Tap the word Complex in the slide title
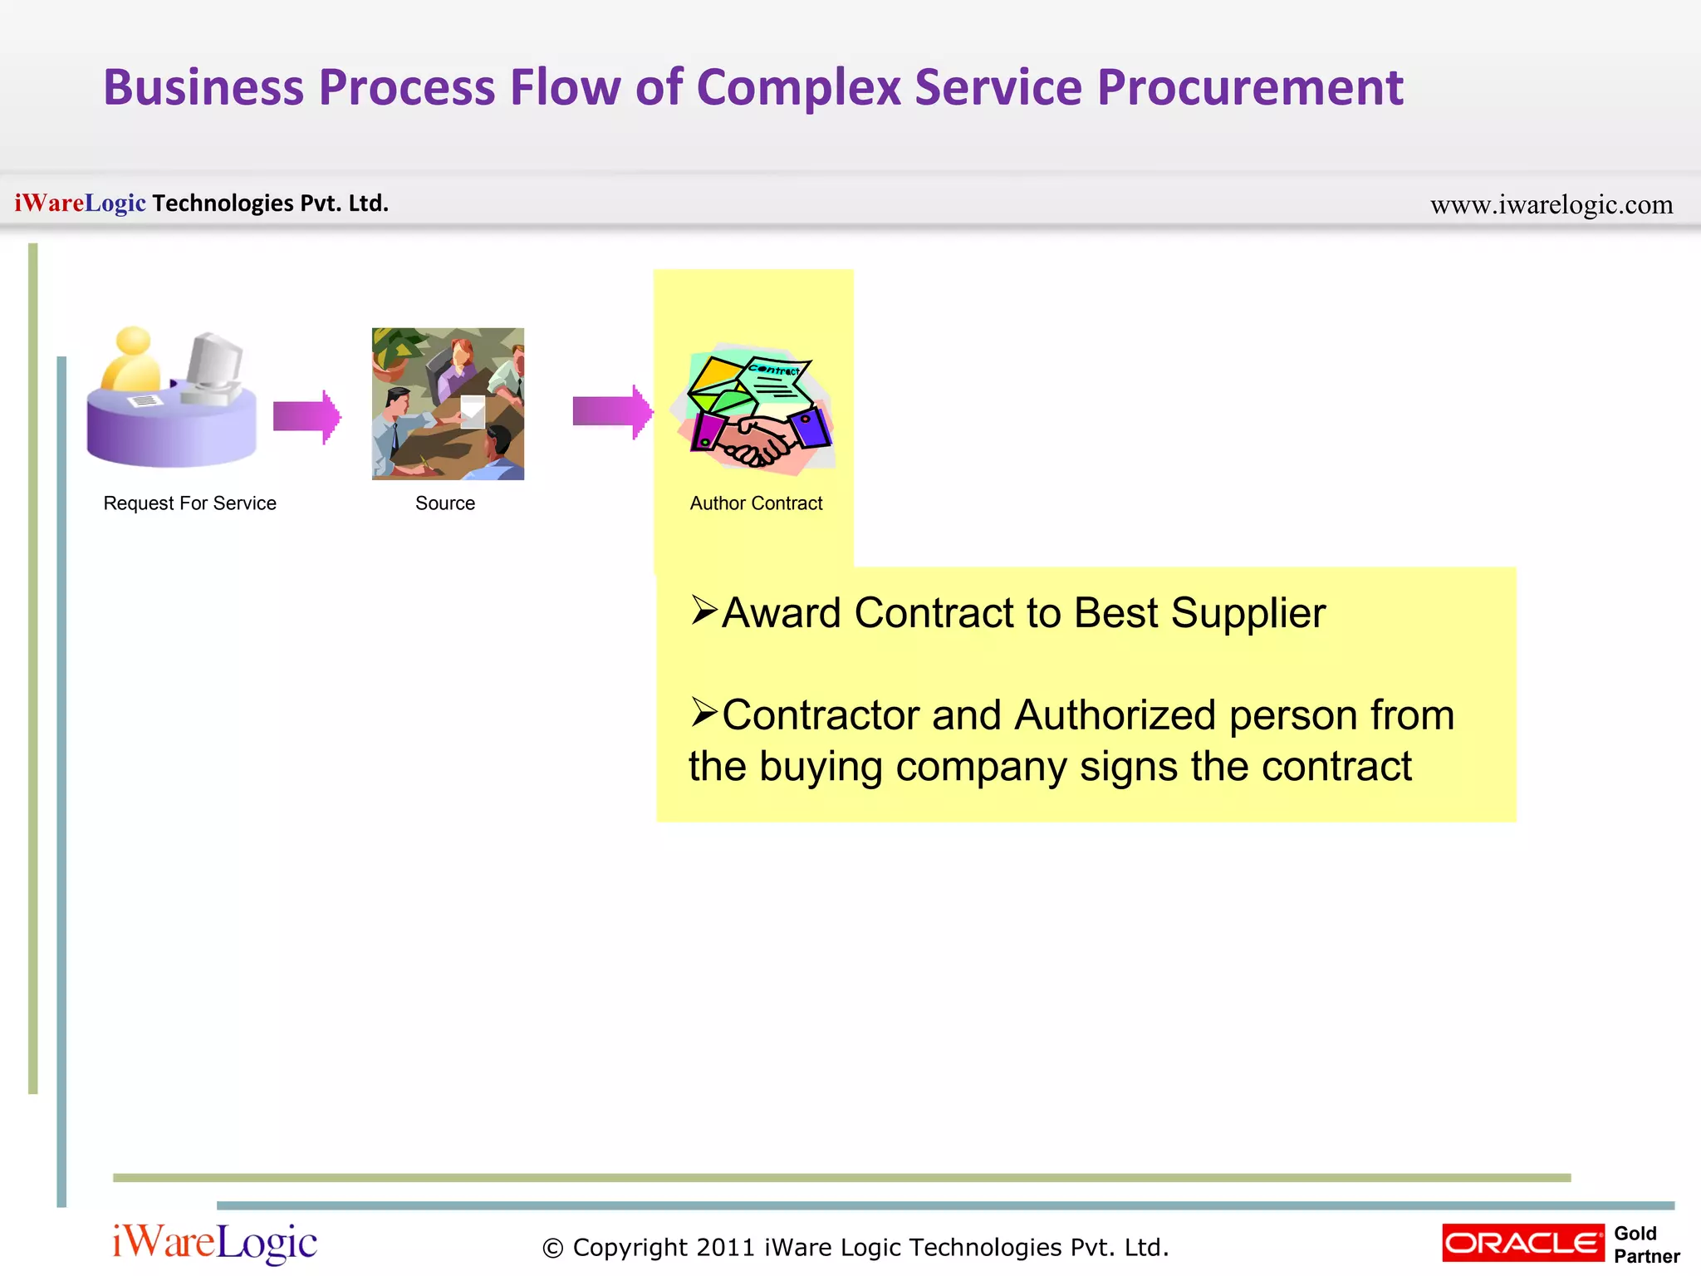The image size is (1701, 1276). (798, 88)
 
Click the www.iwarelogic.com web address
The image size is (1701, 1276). (1551, 204)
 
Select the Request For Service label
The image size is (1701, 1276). (189, 503)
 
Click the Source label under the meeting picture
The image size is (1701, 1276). (445, 503)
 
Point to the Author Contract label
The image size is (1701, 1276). (756, 503)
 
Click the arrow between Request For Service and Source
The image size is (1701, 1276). (306, 415)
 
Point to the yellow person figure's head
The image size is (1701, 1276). (133, 341)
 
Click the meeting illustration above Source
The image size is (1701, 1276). (448, 404)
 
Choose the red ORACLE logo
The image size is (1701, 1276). (1522, 1243)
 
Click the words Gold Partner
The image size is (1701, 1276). (1645, 1244)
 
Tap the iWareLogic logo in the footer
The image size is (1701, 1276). (214, 1243)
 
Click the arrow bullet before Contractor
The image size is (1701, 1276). (703, 713)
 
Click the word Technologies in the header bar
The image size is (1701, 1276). (223, 204)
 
